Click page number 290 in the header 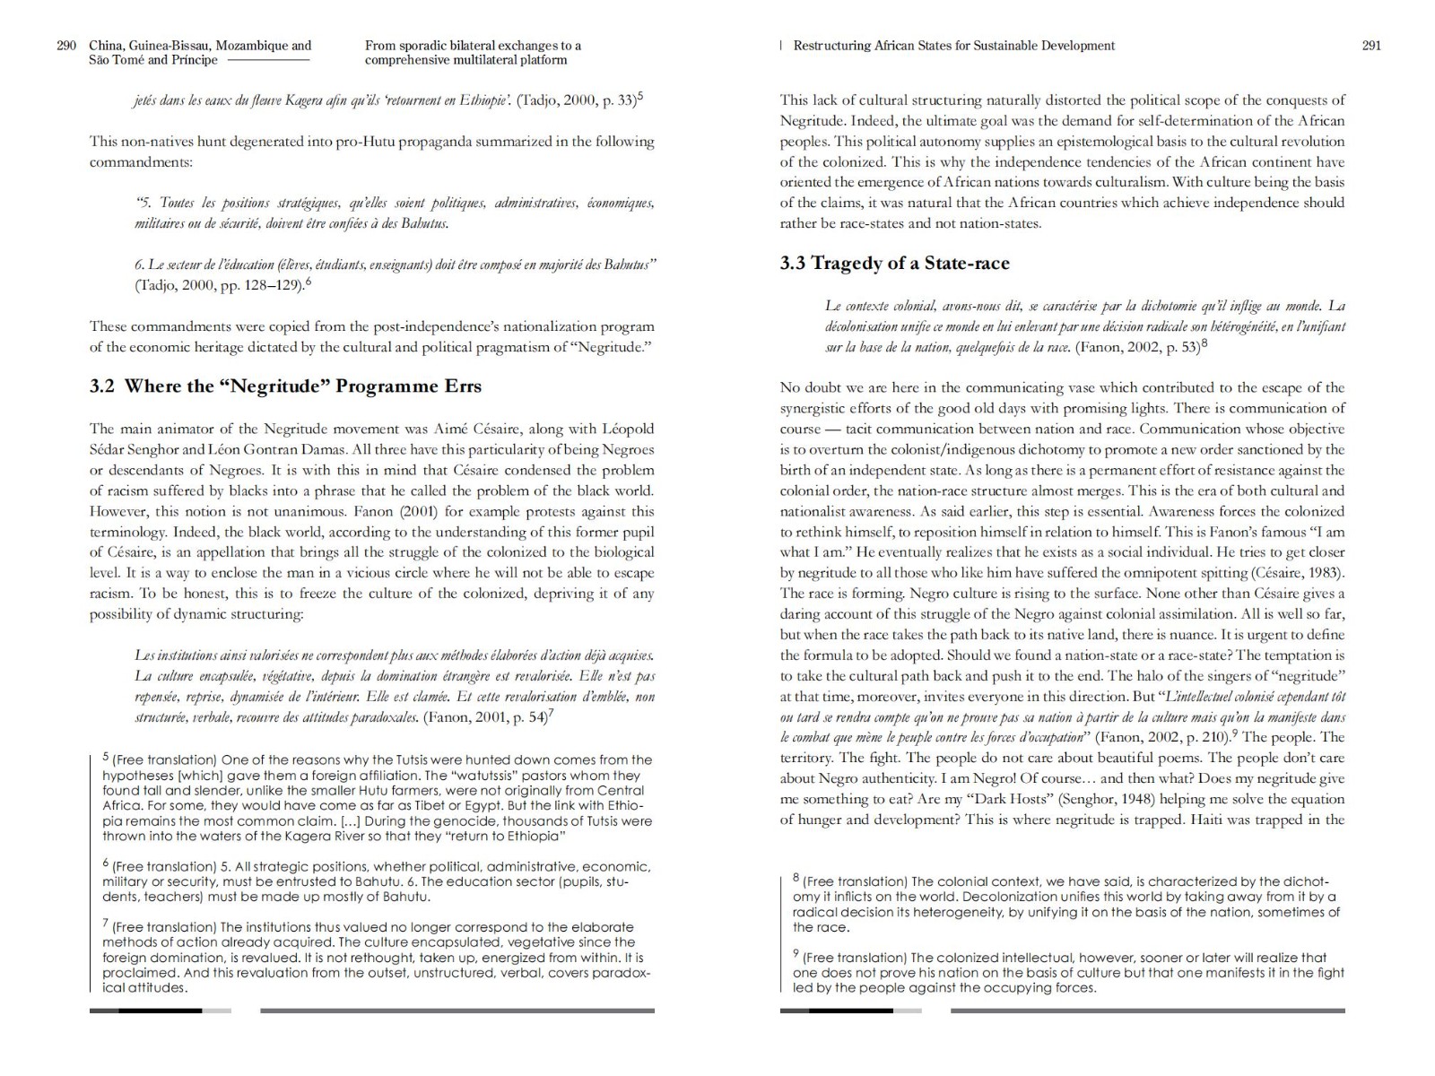pos(66,46)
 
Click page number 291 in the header pos(1371,46)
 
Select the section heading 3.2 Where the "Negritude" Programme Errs pos(285,386)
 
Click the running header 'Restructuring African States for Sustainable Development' pos(953,46)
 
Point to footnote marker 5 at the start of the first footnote pos(106,757)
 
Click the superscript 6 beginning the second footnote pos(106,863)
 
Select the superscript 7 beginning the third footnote pos(106,924)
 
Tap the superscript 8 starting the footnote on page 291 pos(796,878)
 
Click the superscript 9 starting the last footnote pos(796,954)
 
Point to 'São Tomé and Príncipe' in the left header pos(153,60)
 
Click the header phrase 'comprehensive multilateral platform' pos(465,60)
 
